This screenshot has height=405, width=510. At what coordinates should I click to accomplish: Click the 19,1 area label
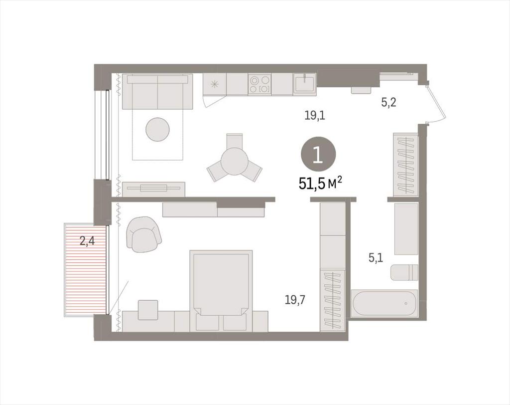[x=315, y=115]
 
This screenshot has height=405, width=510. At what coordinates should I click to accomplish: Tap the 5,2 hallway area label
[x=388, y=103]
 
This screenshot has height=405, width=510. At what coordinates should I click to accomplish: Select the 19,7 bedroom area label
[x=295, y=300]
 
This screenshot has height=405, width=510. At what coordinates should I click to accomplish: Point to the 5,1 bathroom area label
[x=376, y=258]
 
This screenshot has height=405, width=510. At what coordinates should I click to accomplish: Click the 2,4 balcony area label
[x=87, y=241]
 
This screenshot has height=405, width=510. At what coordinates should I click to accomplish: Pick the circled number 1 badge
[x=318, y=155]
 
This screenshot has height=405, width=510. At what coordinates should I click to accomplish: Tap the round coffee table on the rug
[x=157, y=129]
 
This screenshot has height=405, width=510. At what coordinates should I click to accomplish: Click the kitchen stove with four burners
[x=259, y=84]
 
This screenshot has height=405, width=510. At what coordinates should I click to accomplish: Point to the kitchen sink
[x=304, y=84]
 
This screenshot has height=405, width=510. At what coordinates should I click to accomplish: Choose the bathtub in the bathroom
[x=384, y=303]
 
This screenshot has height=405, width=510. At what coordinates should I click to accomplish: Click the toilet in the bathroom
[x=404, y=272]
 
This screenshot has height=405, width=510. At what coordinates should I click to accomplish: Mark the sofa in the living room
[x=157, y=92]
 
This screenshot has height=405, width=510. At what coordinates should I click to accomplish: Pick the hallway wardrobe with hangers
[x=405, y=165]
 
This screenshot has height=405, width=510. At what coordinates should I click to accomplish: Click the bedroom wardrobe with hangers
[x=333, y=300]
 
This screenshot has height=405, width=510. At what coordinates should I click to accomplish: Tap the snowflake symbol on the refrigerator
[x=214, y=84]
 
